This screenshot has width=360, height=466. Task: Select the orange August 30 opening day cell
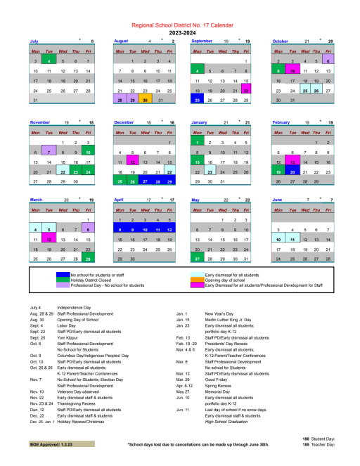144,101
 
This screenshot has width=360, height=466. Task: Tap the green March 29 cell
88,259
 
